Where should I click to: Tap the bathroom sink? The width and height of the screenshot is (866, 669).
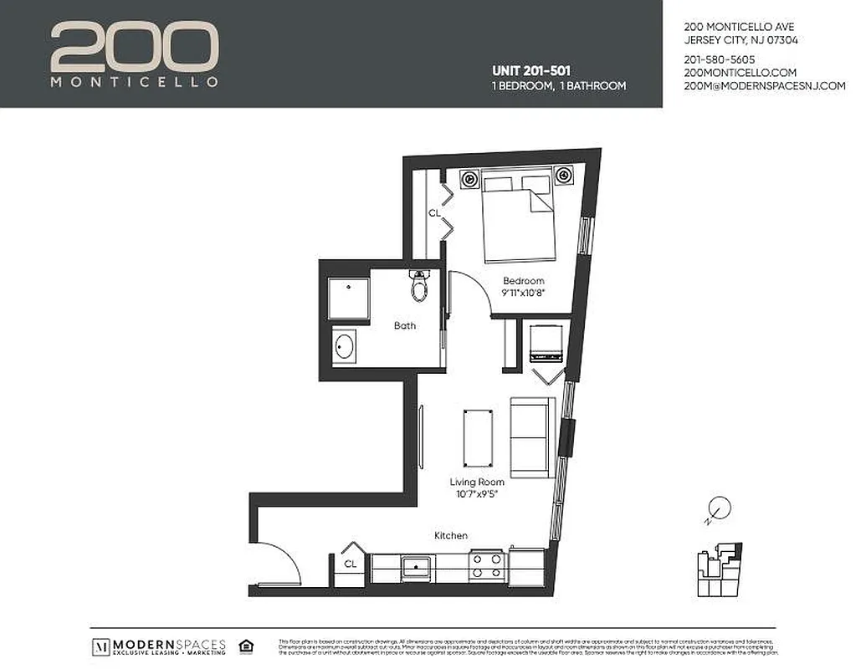click(344, 345)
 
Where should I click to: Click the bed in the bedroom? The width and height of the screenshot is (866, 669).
click(518, 215)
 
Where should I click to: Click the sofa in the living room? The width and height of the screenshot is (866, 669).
click(531, 437)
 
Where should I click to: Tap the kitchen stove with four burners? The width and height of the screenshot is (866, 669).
click(486, 565)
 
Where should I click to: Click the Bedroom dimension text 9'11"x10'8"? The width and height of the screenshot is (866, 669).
click(523, 294)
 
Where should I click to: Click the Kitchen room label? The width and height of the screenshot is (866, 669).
click(450, 535)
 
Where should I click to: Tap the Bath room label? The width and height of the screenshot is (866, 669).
click(405, 326)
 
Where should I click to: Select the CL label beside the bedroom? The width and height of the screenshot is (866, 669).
click(434, 213)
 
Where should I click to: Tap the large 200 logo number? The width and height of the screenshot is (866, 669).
click(134, 48)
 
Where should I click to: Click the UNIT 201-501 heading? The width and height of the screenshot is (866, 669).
click(530, 71)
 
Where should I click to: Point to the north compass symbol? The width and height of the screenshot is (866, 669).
click(718, 508)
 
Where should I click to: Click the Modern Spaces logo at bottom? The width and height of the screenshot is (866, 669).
click(159, 646)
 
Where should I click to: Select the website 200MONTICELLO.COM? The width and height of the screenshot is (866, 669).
click(740, 73)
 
